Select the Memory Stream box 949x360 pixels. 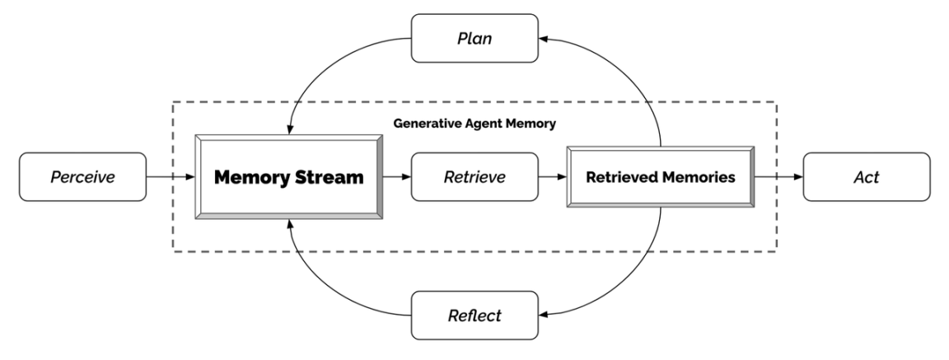[289, 177]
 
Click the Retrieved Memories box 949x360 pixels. [660, 177]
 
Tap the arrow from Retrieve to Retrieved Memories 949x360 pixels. [550, 177]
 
